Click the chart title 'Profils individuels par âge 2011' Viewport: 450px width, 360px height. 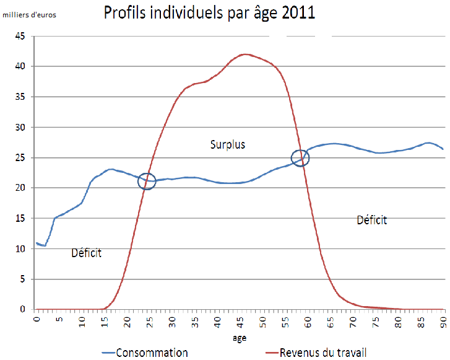[209, 13]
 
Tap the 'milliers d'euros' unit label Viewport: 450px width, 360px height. [29, 14]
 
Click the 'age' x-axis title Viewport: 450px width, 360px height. [240, 338]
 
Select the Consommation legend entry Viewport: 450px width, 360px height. [145, 353]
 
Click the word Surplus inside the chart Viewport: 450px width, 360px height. [228, 144]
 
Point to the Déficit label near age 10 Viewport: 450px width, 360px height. [87, 253]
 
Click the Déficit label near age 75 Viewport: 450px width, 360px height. [372, 219]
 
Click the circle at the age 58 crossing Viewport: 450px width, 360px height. [300, 157]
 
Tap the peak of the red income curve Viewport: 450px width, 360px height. [246, 55]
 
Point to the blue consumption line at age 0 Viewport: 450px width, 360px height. [38, 244]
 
